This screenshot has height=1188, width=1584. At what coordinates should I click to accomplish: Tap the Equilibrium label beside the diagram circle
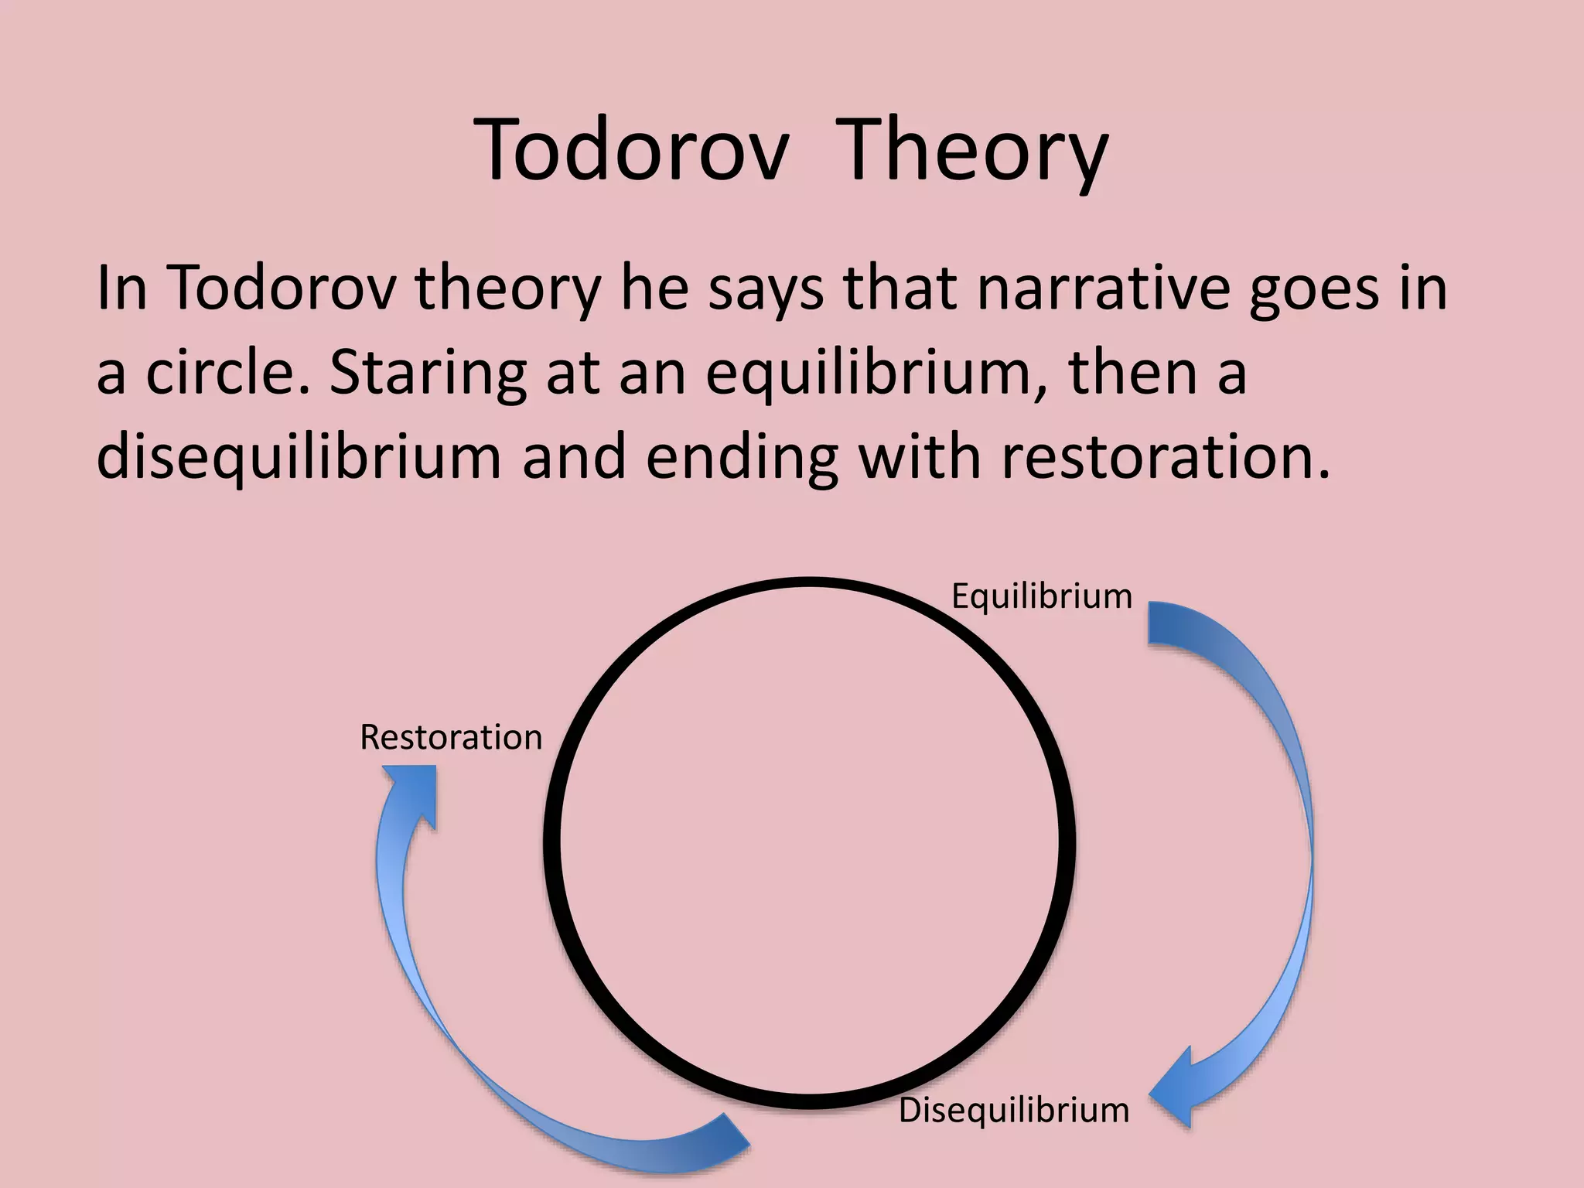pos(1041,596)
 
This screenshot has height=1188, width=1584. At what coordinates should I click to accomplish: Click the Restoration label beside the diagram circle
pos(451,738)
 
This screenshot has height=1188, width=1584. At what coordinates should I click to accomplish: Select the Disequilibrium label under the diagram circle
pos(1013,1111)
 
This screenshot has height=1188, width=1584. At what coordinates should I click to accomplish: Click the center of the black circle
pos(809,843)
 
